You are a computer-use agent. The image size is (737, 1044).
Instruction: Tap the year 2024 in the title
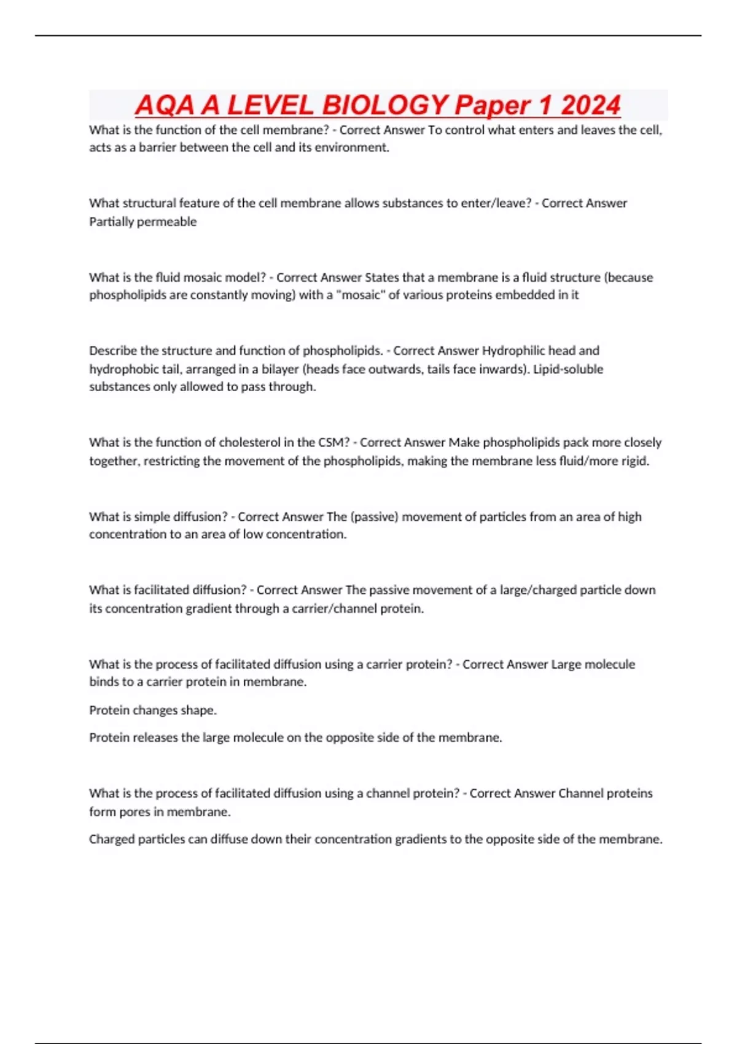(x=590, y=105)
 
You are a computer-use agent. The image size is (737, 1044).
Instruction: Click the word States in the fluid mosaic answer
(x=382, y=278)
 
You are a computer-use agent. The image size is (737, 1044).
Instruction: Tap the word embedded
(x=524, y=295)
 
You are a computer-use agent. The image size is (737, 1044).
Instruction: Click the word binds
(x=104, y=682)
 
